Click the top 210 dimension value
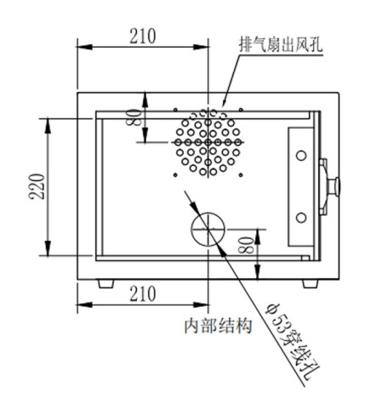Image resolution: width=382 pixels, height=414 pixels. click(143, 36)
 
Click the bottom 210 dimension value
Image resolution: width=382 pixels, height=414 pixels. click(143, 293)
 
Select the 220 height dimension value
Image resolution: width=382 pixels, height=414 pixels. click(37, 186)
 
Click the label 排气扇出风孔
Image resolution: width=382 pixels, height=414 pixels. click(281, 44)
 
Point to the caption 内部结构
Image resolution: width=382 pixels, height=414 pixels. click(218, 326)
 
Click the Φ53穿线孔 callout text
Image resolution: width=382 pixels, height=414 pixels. click(292, 342)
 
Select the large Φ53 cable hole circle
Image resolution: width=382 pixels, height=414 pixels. click(191, 229)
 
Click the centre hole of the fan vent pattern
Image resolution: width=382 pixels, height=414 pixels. click(208, 142)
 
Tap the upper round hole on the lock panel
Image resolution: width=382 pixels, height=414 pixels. click(301, 156)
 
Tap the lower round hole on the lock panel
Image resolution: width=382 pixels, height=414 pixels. click(301, 218)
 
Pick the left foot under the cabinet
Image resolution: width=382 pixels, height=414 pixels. click(106, 284)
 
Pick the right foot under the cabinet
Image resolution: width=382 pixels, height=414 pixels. click(311, 284)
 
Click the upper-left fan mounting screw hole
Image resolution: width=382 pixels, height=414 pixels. click(175, 110)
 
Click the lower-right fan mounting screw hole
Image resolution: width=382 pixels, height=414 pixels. click(241, 175)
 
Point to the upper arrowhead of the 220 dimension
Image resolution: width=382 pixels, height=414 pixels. click(48, 125)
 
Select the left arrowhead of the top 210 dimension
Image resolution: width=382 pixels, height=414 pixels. click(84, 47)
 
